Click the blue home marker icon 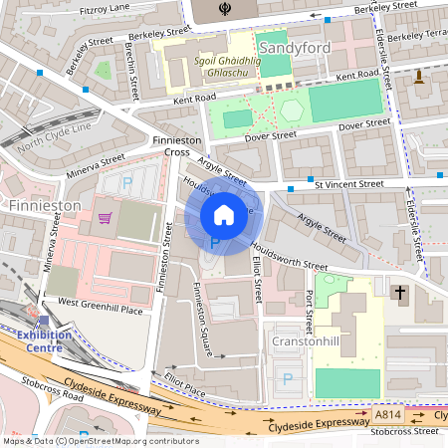[x=223, y=214]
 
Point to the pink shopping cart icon [x=105, y=217]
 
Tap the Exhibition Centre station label [x=36, y=342]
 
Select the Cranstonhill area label [x=308, y=340]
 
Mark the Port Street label [x=310, y=311]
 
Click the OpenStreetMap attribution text [x=100, y=440]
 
